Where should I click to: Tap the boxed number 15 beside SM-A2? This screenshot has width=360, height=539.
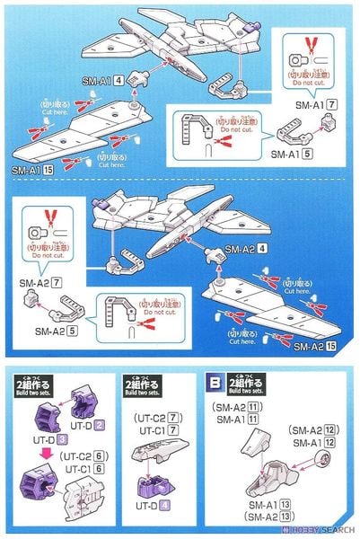tap(332, 347)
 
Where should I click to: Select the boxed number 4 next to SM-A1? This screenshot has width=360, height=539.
tap(118, 80)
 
